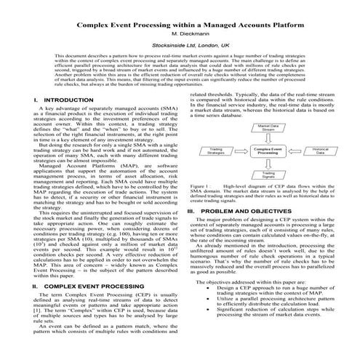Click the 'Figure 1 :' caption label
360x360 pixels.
pos(199,186)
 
